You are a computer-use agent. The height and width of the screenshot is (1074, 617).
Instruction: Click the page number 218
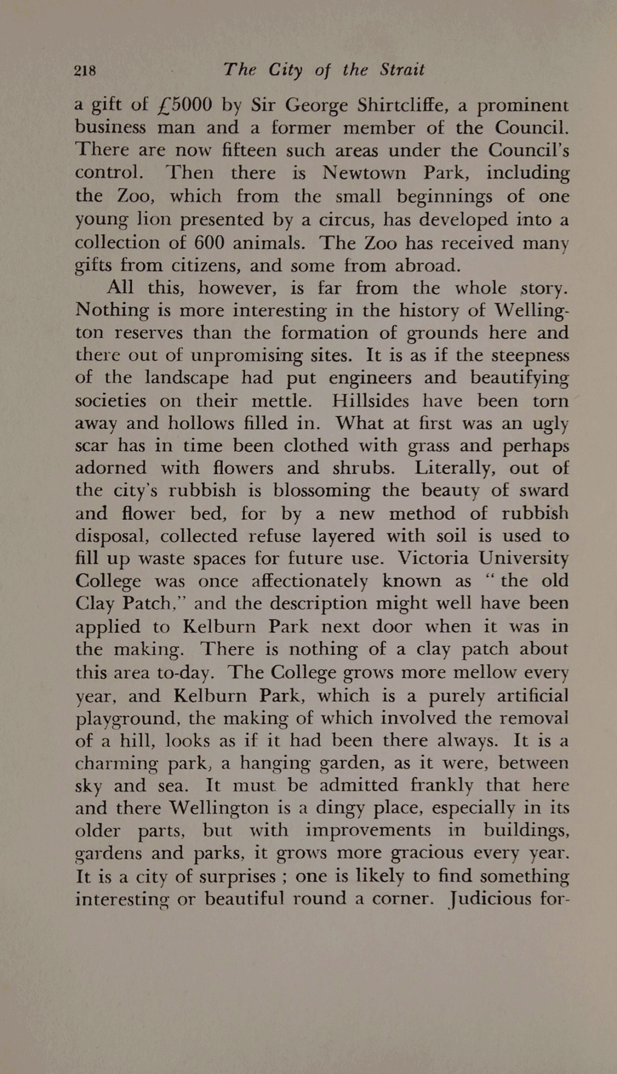pos(85,71)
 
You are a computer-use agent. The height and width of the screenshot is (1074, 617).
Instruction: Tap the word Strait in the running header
pos(402,70)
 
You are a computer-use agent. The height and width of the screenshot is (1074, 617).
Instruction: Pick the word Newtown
pos(364,173)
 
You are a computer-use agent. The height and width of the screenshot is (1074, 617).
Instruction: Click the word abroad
pos(427,266)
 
